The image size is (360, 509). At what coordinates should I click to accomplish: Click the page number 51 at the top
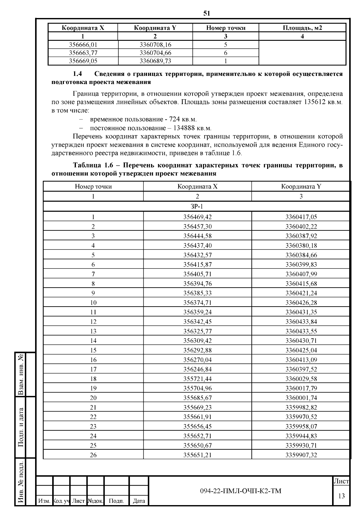point(207,13)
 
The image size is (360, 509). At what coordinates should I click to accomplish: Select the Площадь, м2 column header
point(302,28)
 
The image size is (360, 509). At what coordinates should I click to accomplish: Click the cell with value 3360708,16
point(155,45)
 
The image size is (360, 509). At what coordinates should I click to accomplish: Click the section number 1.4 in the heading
point(77,74)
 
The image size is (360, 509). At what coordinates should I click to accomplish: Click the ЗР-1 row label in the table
point(197,206)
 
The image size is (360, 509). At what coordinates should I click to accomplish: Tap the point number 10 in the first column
point(93,303)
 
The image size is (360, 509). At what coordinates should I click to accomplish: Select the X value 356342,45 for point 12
point(197,322)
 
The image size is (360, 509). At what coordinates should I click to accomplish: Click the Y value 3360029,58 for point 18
point(301,379)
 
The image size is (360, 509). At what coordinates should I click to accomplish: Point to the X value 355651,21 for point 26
point(197,455)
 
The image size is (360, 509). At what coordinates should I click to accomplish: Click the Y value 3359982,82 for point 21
point(301,407)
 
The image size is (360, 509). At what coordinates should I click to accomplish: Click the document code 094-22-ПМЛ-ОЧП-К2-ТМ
point(241,491)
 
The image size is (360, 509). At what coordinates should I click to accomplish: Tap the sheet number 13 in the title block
point(341,496)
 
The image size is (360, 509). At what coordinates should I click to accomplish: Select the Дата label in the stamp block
point(139,501)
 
